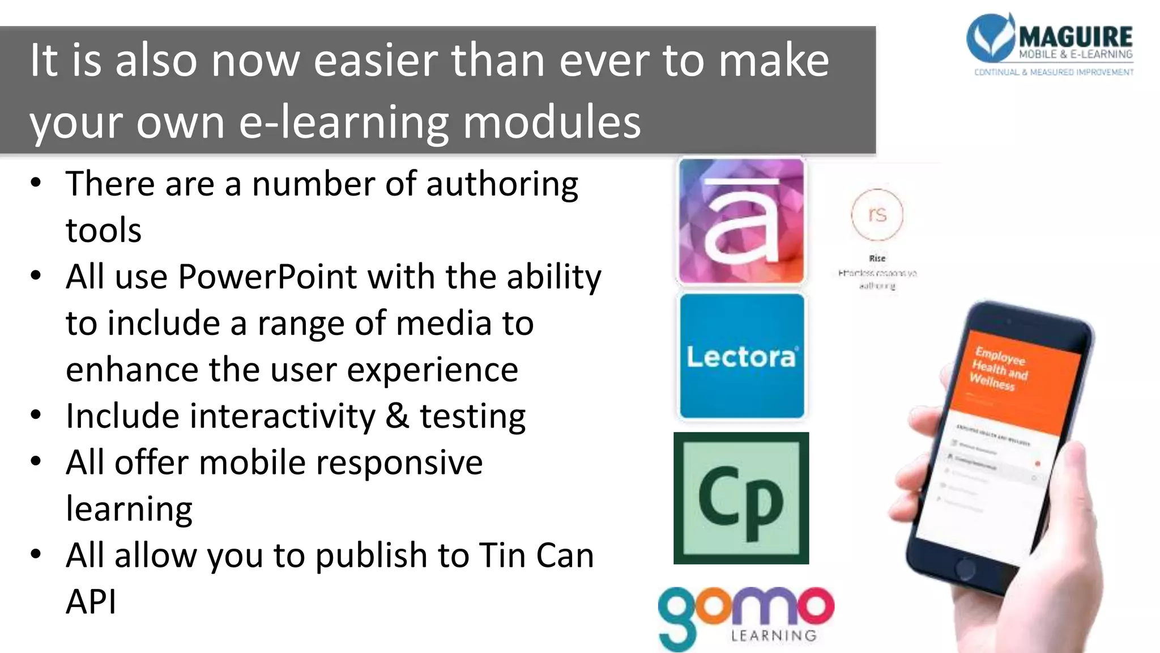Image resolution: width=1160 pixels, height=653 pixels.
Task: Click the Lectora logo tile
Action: pos(741,356)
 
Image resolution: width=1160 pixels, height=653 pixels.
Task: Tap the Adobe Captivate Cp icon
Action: pos(741,498)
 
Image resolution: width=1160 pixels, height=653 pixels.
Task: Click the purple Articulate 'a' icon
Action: pos(741,221)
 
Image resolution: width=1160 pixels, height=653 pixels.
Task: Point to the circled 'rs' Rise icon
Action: pos(877,214)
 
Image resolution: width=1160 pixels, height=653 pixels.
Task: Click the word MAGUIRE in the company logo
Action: pos(1076,37)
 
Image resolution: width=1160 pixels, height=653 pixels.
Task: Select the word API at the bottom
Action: pos(91,601)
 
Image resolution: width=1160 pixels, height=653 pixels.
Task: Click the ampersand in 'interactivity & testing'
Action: pos(397,417)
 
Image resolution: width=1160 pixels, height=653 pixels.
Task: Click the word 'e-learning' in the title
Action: pos(344,122)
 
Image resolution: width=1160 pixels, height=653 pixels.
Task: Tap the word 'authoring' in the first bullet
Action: pos(502,185)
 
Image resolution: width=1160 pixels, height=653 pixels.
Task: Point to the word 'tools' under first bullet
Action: pos(104,231)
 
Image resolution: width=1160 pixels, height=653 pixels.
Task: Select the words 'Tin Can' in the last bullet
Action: pos(536,556)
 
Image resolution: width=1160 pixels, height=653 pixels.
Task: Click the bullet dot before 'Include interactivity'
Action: pos(36,415)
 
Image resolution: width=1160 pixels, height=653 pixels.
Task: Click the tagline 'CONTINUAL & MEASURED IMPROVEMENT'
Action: pos(1054,73)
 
